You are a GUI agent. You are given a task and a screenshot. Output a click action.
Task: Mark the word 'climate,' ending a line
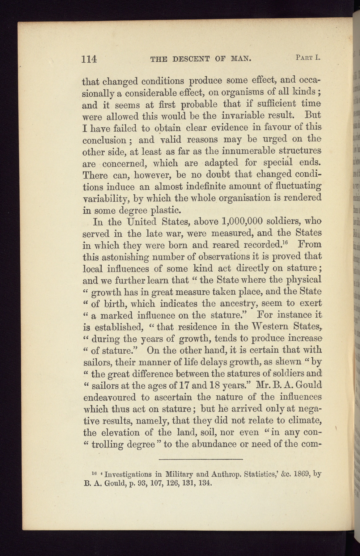pos(304,420)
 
